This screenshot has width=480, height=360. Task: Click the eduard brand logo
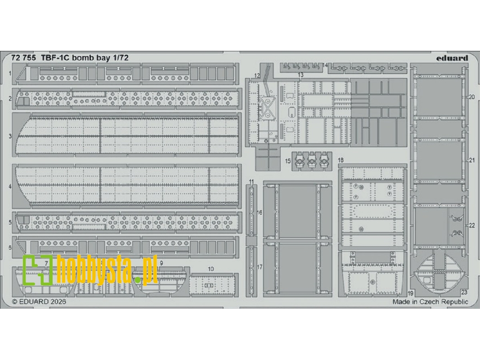[x=452, y=58]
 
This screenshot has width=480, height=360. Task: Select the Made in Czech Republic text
[x=430, y=302]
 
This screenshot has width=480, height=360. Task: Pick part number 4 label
[x=10, y=186]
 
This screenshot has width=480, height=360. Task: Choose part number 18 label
[x=341, y=160]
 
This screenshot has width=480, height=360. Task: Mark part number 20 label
[x=471, y=97]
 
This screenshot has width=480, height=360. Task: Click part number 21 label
[x=471, y=160]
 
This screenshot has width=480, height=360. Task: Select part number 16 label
[x=259, y=212]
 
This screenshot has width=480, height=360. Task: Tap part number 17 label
[x=259, y=267]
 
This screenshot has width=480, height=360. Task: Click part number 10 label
[x=211, y=269]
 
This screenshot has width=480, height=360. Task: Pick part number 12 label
[x=257, y=75]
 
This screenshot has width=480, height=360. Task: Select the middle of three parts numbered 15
[x=311, y=161]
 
